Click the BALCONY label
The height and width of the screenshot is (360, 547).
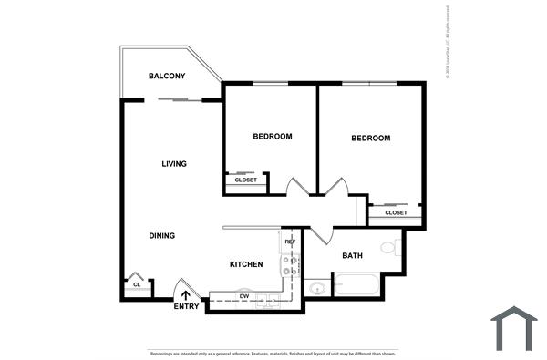167,76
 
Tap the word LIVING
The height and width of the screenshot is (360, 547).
174,164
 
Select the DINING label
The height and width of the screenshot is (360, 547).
161,236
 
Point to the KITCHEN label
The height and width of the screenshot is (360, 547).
246,264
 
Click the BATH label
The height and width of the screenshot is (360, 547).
353,256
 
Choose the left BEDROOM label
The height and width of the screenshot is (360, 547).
273,137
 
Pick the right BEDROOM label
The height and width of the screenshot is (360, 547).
371,139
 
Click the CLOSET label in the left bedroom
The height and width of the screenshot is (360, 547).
246,180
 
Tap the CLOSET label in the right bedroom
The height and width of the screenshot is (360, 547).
396,213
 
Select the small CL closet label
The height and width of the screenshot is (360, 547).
136,284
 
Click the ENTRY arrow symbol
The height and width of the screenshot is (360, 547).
186,294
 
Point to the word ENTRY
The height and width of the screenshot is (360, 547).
186,306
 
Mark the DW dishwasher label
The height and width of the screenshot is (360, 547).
244,296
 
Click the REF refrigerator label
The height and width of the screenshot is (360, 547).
291,242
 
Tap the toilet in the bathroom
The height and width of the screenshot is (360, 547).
389,247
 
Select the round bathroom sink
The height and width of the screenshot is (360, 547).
316,289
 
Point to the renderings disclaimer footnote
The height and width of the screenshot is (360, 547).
273,353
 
